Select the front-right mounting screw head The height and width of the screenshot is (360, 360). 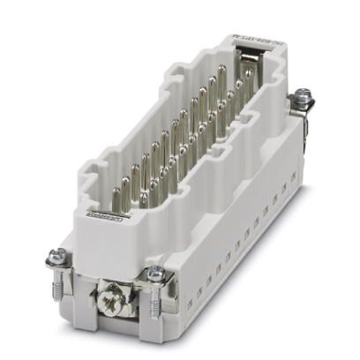click(155, 274)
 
